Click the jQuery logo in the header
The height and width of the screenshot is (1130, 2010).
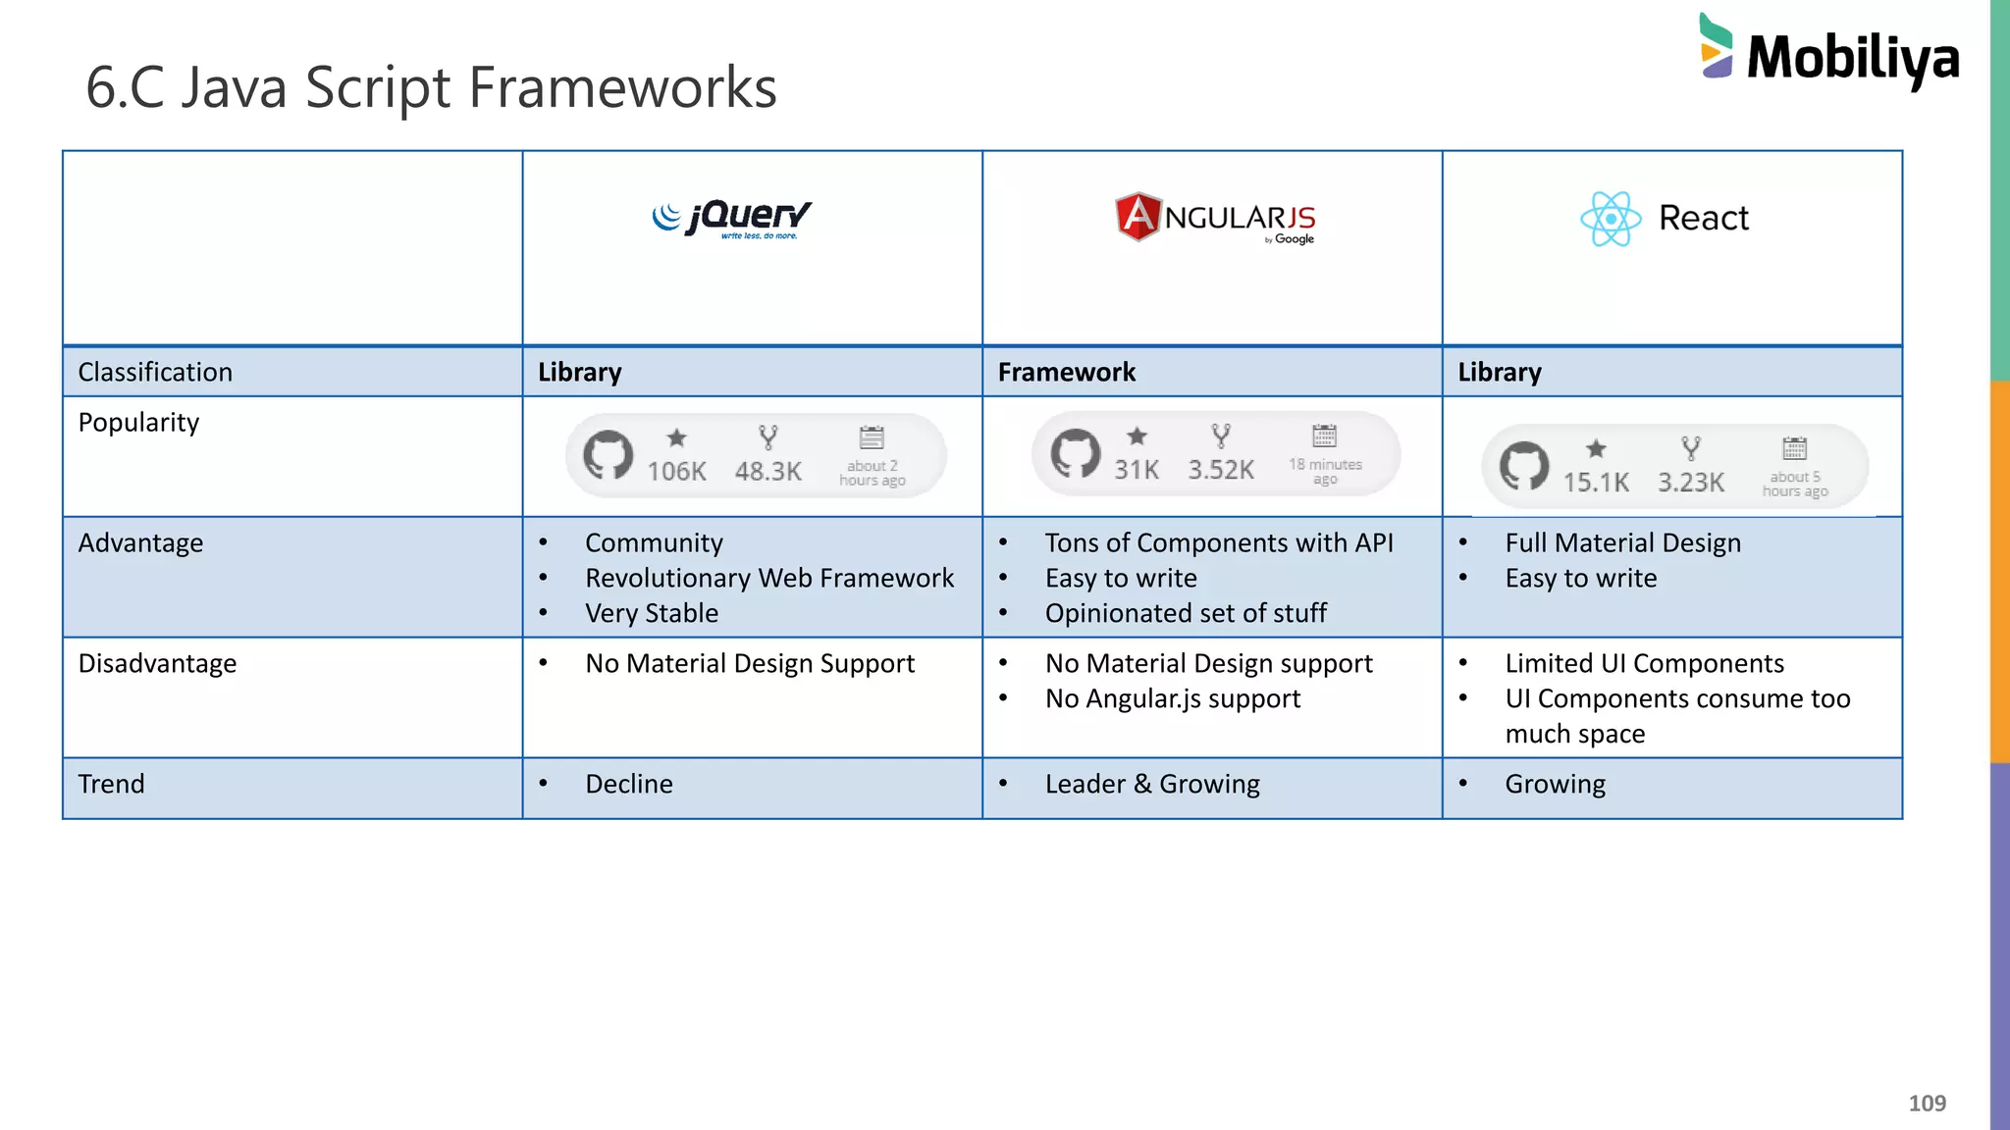pyautogui.click(x=732, y=218)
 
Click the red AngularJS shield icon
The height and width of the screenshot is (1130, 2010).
pyautogui.click(x=1137, y=217)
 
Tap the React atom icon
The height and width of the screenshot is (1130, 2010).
pyautogui.click(x=1611, y=219)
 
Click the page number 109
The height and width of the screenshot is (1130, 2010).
pyautogui.click(x=1927, y=1104)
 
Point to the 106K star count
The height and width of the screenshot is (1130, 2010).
pyautogui.click(x=676, y=472)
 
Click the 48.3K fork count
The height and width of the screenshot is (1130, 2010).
pyautogui.click(x=767, y=472)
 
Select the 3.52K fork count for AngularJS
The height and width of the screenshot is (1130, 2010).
pyautogui.click(x=1221, y=470)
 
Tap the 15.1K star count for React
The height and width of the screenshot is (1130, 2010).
pyautogui.click(x=1596, y=483)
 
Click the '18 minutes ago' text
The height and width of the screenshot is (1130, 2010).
pyautogui.click(x=1325, y=471)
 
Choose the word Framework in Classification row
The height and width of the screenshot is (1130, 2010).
pyautogui.click(x=1066, y=373)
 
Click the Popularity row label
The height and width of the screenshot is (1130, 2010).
pyautogui.click(x=138, y=423)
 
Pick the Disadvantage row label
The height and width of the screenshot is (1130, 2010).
pyautogui.click(x=157, y=664)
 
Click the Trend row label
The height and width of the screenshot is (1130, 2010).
pyautogui.click(x=111, y=785)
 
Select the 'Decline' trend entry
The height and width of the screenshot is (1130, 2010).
pyautogui.click(x=628, y=785)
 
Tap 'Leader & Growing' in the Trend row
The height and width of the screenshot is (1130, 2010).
pyautogui.click(x=1152, y=785)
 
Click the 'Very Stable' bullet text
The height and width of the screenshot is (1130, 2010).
pyautogui.click(x=652, y=614)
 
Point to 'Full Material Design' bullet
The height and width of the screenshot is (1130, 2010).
pyautogui.click(x=1622, y=543)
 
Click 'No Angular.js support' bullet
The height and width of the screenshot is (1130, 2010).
pyautogui.click(x=1173, y=699)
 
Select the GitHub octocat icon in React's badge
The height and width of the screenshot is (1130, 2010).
pyautogui.click(x=1524, y=466)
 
